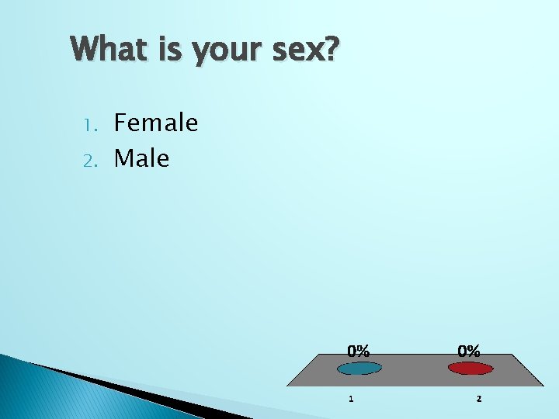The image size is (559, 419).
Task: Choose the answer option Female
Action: click(156, 123)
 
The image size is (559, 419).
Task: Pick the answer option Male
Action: click(141, 158)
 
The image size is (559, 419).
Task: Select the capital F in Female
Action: click(121, 123)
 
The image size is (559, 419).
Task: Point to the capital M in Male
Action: click(123, 158)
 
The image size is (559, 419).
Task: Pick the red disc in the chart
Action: click(470, 369)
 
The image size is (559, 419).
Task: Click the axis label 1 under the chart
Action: click(351, 399)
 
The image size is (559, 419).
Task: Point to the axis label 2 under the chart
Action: click(478, 399)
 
